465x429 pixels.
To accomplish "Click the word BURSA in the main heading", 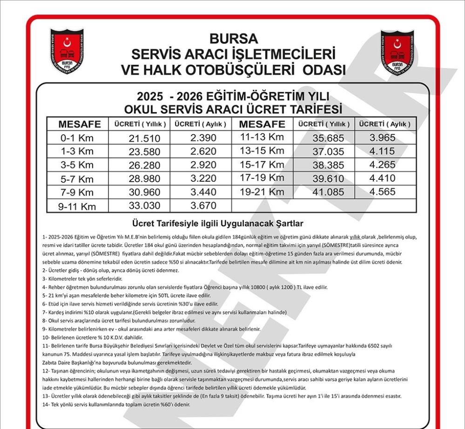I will (x=233, y=38).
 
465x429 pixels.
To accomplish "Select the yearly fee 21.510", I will (x=144, y=138).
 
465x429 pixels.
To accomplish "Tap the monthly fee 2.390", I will (x=203, y=138).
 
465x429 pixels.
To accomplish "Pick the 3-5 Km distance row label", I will (x=77, y=165).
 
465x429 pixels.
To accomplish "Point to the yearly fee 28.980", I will (x=144, y=179).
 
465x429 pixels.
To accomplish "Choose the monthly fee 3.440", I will (x=203, y=192).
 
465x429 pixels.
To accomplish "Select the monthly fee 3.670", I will (x=203, y=205).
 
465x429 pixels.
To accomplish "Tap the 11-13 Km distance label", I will (x=262, y=137).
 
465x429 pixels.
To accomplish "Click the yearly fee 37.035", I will (x=328, y=152).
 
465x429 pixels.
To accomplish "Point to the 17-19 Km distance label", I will (x=262, y=178).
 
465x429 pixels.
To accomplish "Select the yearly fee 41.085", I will (x=328, y=192).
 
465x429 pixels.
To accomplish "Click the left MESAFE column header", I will (x=80, y=124).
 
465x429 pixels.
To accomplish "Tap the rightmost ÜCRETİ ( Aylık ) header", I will (x=385, y=124).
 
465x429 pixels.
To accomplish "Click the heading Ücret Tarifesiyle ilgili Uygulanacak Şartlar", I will (x=218, y=224).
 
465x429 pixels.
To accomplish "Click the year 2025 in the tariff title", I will (x=150, y=97).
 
